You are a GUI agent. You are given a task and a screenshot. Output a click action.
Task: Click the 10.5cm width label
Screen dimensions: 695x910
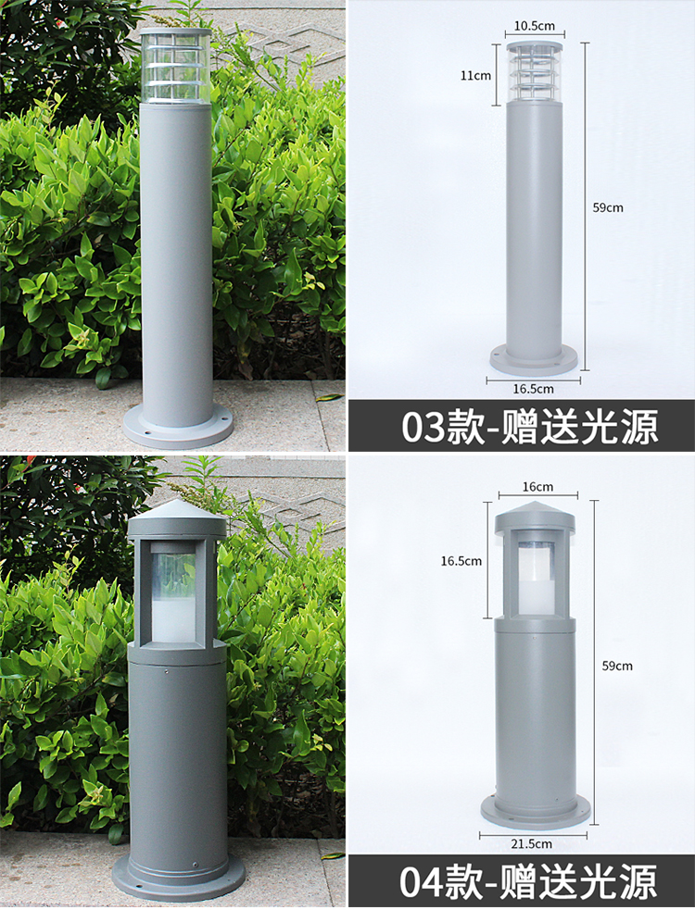coord(534,26)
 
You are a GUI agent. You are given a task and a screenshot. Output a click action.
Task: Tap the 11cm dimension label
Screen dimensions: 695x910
coord(475,75)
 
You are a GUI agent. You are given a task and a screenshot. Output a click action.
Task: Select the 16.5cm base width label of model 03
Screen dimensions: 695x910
coord(533,389)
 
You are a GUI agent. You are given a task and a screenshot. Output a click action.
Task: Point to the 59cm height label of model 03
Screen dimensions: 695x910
coord(608,207)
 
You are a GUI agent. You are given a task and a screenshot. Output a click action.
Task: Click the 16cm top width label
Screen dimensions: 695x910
coord(537,486)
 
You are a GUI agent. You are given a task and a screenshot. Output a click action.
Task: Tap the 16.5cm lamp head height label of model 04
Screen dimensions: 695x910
coord(461,561)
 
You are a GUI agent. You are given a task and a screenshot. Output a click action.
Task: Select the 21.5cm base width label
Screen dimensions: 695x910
coord(531,843)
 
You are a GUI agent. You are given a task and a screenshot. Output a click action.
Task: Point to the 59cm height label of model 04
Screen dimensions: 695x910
coord(617,666)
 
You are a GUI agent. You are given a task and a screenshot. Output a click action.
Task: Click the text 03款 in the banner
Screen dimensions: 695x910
coord(443,427)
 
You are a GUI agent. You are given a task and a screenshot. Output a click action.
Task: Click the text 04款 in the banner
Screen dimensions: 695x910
coord(442,881)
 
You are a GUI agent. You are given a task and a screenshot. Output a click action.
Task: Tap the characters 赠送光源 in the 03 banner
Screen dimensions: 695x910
coord(579,427)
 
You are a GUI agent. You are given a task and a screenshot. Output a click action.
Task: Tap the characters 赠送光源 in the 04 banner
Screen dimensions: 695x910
coord(579,881)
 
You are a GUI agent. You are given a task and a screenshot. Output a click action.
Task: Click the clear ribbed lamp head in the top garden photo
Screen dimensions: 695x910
coord(176,66)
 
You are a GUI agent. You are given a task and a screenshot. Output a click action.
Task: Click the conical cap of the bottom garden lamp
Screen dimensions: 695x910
coord(177,517)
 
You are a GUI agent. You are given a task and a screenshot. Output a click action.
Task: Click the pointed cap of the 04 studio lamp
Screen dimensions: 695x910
coord(536,518)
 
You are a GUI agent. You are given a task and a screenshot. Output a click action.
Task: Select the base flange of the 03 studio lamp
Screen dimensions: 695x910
coord(534,359)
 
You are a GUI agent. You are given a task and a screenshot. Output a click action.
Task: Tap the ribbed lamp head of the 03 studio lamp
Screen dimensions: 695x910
coord(535,73)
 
